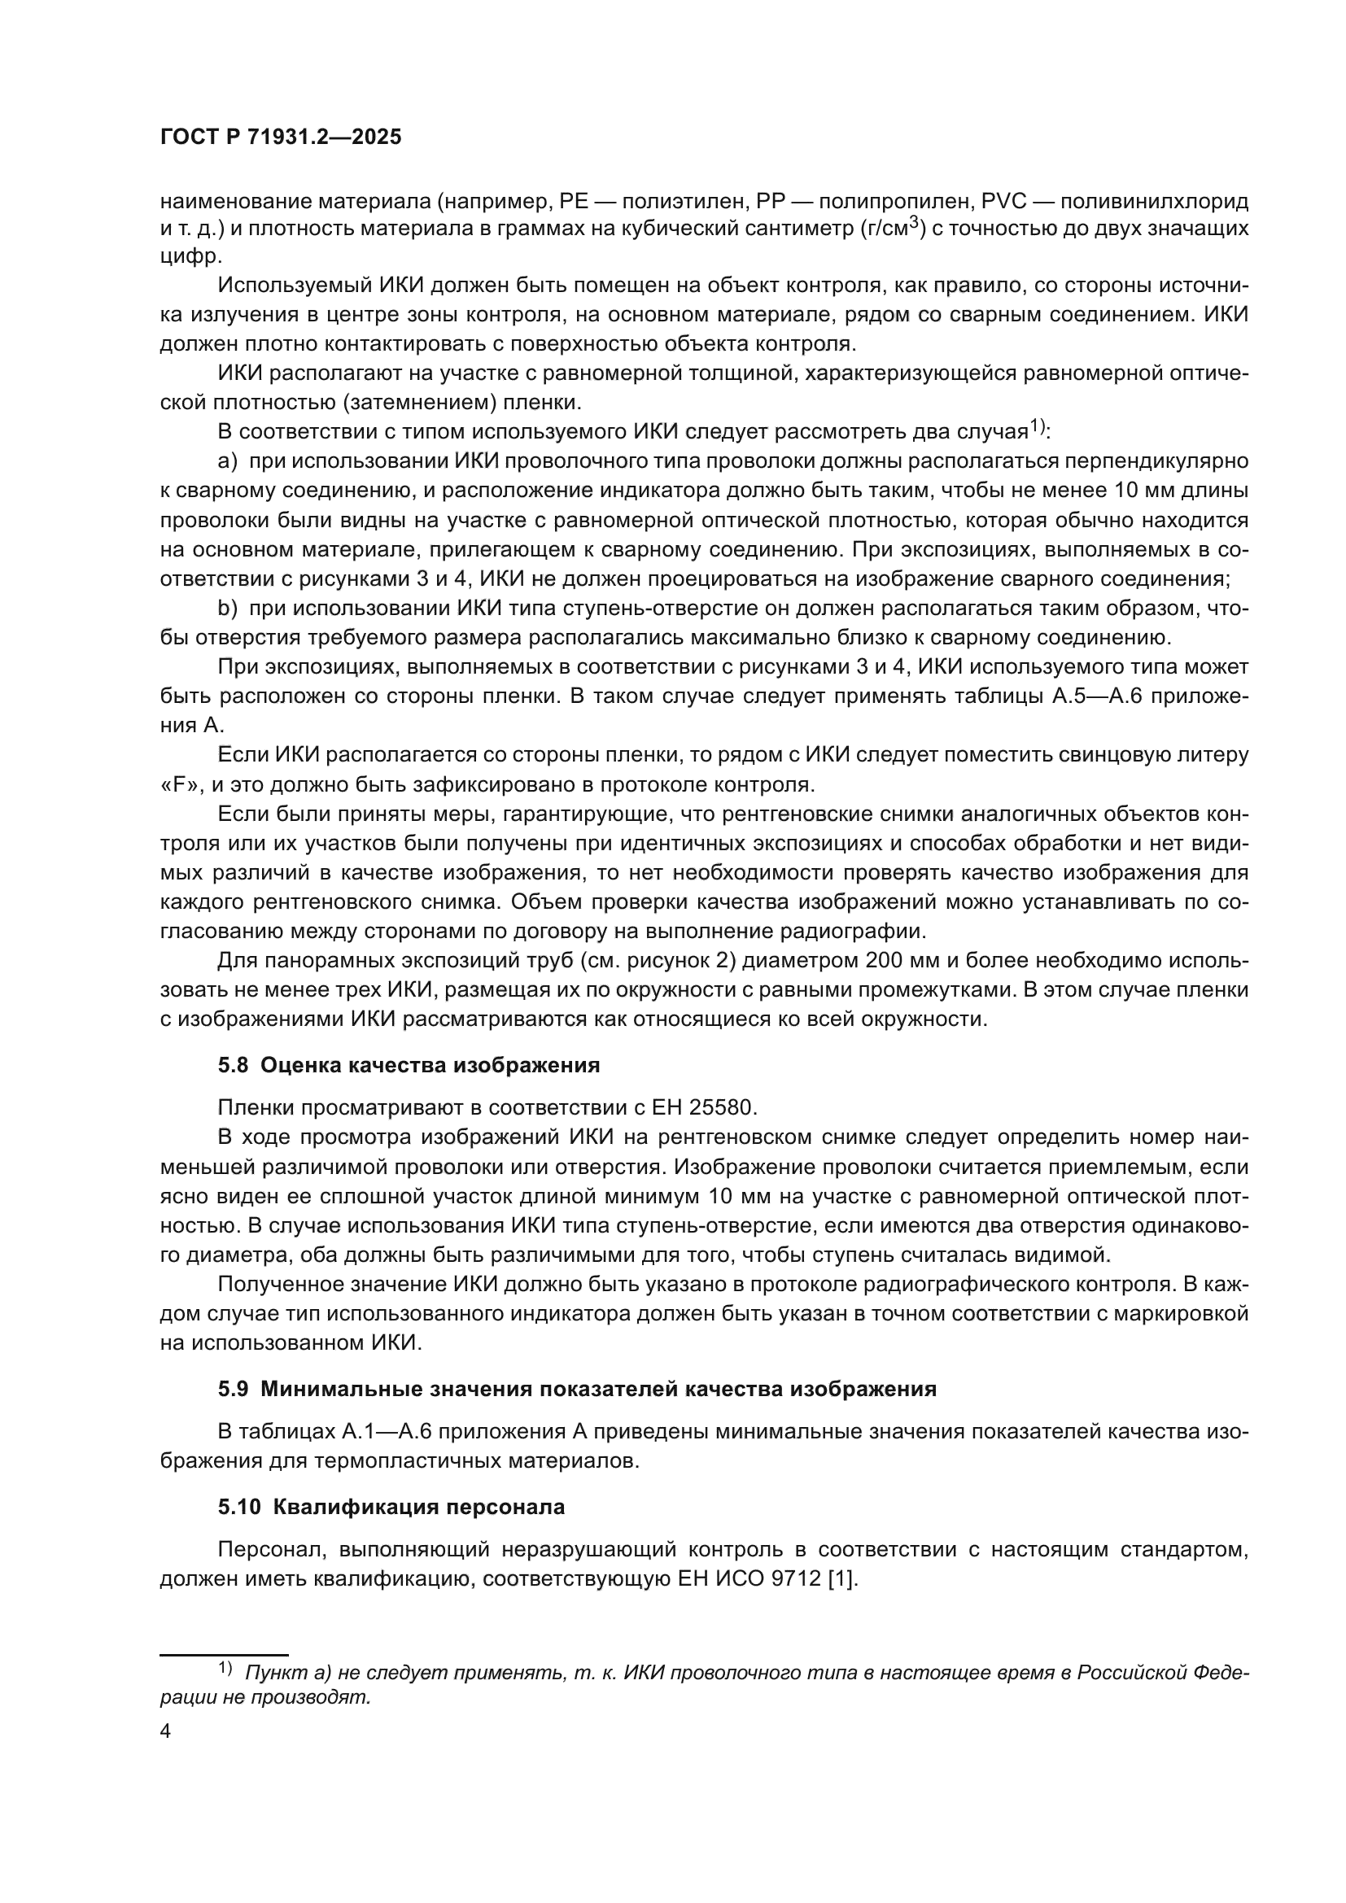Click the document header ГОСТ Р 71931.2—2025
(280, 137)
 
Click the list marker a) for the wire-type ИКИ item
(228, 461)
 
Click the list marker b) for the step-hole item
(228, 608)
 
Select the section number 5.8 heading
(233, 1065)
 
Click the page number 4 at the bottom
(166, 1731)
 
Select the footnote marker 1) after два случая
(1038, 427)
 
